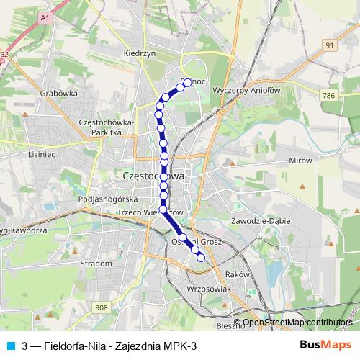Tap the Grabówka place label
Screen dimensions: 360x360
tap(59, 93)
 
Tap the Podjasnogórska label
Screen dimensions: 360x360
tap(107, 199)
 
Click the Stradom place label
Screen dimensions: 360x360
tap(97, 264)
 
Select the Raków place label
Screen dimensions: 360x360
tap(237, 274)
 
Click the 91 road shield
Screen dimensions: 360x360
tap(330, 45)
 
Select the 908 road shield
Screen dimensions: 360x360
tap(101, 307)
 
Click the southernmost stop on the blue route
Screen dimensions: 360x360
tap(201, 258)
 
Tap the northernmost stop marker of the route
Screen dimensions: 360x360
tap(187, 83)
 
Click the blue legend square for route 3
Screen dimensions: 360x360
tap(9, 346)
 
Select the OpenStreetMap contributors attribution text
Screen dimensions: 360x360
tap(297, 323)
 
